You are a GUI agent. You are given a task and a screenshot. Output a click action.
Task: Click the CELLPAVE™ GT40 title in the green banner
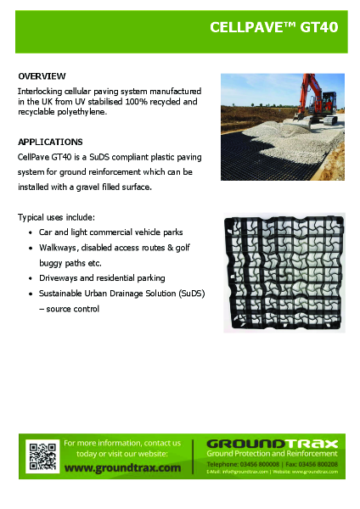pyautogui.click(x=274, y=27)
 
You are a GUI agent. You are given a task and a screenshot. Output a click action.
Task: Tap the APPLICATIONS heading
pyautogui.click(x=50, y=142)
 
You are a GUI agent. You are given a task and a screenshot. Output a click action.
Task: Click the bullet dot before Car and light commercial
pyautogui.click(x=31, y=232)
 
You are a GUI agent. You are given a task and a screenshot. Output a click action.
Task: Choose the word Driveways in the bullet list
pyautogui.click(x=60, y=278)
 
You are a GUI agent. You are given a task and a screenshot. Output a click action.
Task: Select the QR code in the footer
pyautogui.click(x=41, y=456)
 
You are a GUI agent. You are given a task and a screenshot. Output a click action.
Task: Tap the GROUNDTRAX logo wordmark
pyautogui.click(x=272, y=444)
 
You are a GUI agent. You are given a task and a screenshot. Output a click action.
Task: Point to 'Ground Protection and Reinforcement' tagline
pyautogui.click(x=272, y=455)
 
